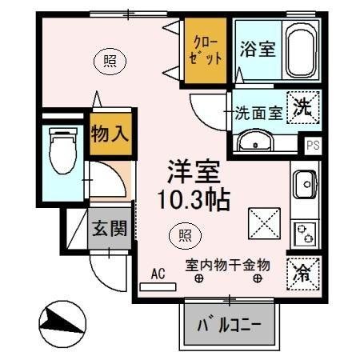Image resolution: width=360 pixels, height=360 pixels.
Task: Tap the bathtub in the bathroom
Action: point(302,51)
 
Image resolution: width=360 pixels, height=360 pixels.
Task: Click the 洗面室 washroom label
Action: point(258,113)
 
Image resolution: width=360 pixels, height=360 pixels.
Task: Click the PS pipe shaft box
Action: point(313,145)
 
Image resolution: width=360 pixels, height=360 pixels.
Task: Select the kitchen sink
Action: point(305,186)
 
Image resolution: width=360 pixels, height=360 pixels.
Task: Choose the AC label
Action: point(158,274)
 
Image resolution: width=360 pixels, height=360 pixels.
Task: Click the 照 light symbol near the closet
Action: point(106,58)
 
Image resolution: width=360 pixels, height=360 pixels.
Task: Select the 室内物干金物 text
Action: point(227,264)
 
